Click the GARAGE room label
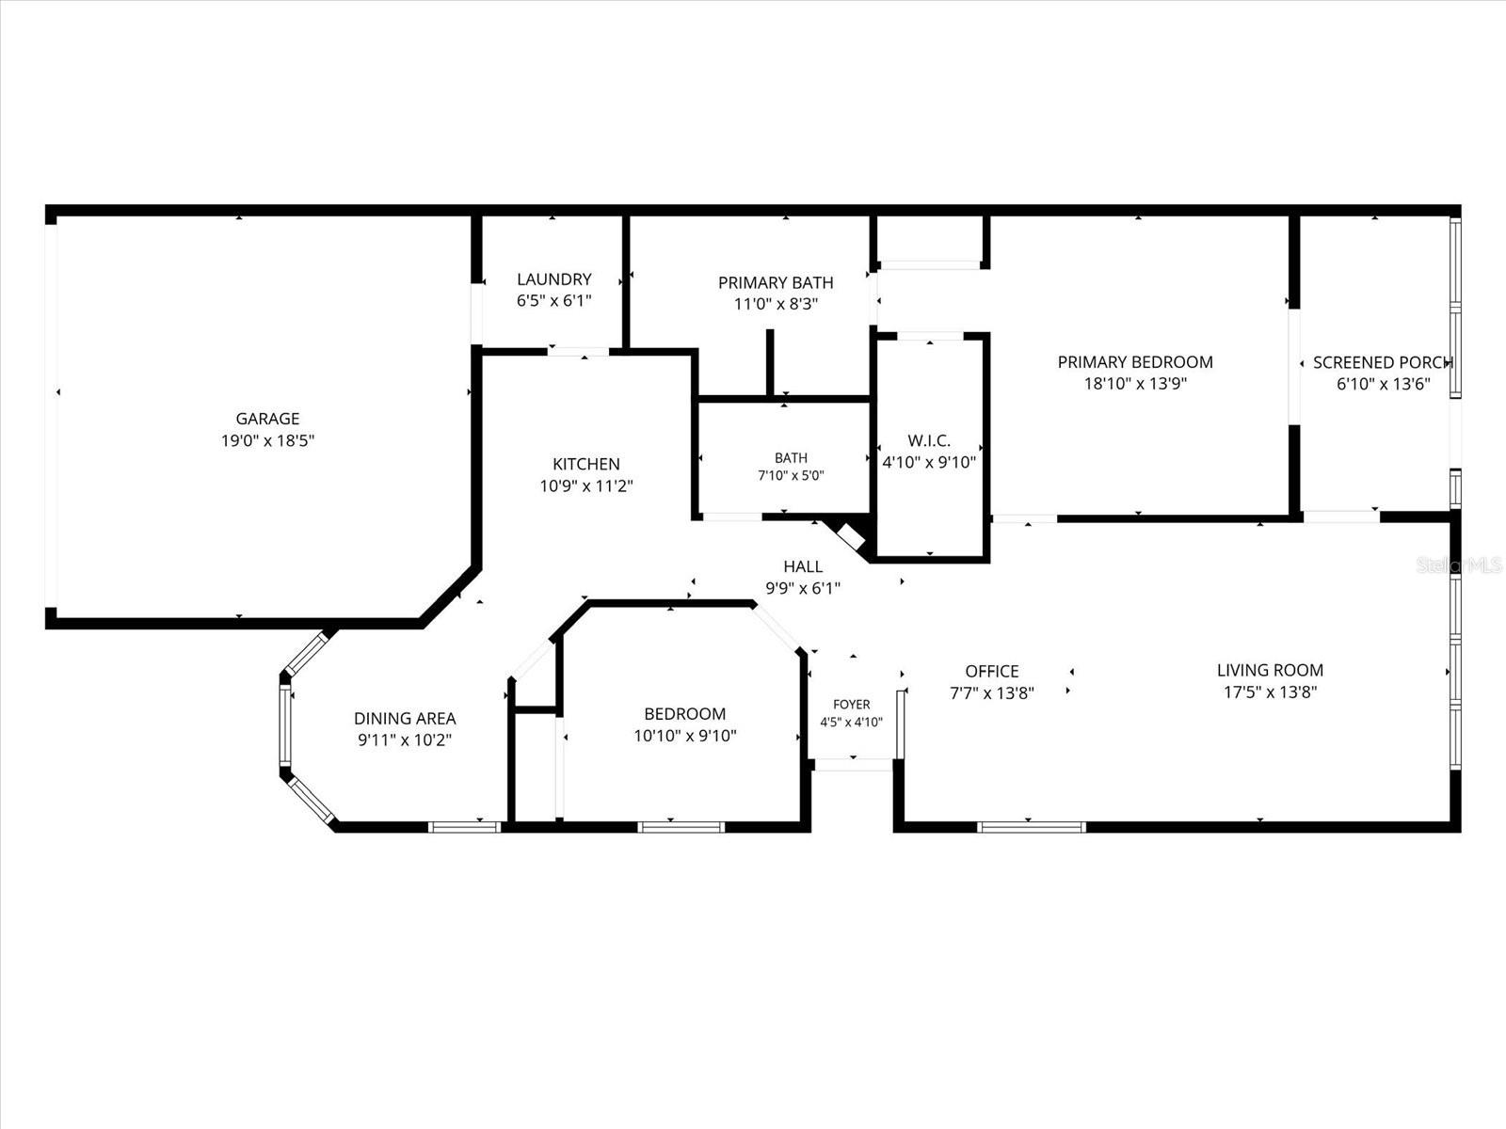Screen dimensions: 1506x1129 267,418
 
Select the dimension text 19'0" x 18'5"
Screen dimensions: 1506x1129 267,440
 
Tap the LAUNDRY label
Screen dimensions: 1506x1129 553,279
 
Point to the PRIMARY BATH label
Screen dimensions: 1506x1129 776,282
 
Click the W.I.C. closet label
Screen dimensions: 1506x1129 929,440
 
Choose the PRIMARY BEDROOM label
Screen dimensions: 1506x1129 1135,362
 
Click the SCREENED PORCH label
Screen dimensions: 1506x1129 1384,362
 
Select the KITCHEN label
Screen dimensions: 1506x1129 586,464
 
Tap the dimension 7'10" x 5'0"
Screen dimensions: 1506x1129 791,475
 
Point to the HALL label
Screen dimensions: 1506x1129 803,566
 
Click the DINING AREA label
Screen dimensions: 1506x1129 405,719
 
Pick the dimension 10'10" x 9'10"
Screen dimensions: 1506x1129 684,736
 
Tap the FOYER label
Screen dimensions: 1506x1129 852,704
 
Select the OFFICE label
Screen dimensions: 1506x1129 991,671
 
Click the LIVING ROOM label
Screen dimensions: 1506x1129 1270,670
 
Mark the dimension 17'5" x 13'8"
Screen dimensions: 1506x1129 1270,692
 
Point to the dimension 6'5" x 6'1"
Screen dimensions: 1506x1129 553,300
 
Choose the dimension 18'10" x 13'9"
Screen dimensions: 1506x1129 1135,383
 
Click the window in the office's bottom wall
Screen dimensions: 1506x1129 1031,827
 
